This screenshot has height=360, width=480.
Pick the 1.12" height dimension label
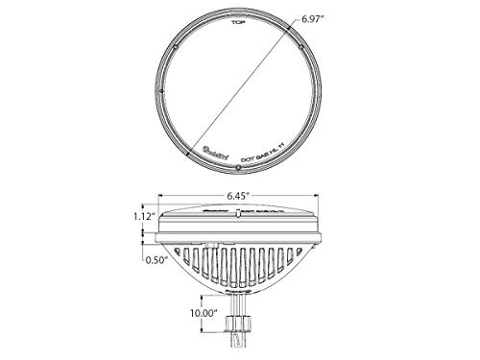click(x=132, y=216)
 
